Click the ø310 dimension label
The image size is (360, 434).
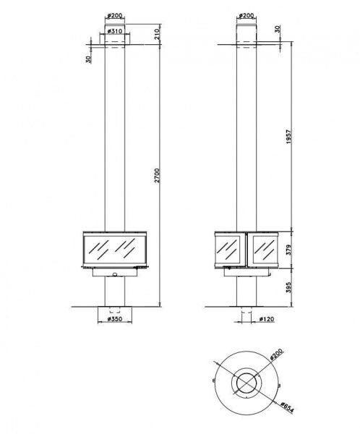point(114,31)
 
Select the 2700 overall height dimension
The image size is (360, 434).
point(157,175)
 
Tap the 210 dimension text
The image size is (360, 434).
point(157,34)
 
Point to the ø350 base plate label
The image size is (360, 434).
point(114,319)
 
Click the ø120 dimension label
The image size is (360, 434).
point(267,319)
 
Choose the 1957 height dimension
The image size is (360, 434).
point(289,136)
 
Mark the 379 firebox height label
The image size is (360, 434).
point(289,250)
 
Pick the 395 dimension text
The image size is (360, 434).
point(289,288)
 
